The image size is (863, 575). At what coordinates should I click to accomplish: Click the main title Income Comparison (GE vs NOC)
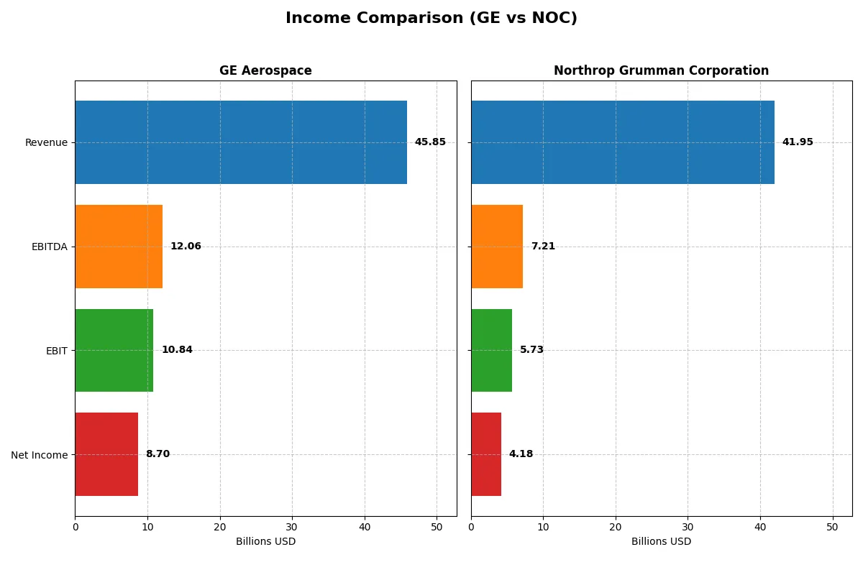click(x=431, y=19)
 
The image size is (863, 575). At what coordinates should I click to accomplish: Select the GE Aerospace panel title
click(x=265, y=71)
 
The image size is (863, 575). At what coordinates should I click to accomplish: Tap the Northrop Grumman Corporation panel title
click(x=661, y=71)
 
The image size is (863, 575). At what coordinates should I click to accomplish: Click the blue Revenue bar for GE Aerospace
click(x=241, y=142)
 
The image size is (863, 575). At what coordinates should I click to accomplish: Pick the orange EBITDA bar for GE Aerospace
click(x=119, y=247)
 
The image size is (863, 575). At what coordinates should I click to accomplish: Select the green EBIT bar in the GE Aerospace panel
click(x=114, y=350)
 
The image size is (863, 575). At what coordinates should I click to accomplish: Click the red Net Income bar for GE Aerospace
click(x=106, y=454)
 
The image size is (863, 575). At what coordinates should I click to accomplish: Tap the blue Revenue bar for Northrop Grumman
click(x=623, y=142)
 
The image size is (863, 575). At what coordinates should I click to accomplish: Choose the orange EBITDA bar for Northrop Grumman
click(x=497, y=247)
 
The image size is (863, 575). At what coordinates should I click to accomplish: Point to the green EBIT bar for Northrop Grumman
click(x=492, y=350)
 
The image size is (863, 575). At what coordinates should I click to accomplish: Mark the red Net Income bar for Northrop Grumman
click(x=486, y=454)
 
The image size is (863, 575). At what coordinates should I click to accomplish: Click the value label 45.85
click(x=430, y=142)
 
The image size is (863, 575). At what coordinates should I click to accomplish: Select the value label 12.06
click(x=186, y=247)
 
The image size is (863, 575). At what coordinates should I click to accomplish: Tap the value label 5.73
click(x=531, y=350)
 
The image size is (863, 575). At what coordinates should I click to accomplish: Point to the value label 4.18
click(x=521, y=454)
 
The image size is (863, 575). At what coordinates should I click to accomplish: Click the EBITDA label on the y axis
click(x=49, y=247)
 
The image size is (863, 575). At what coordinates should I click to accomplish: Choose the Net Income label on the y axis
click(x=40, y=454)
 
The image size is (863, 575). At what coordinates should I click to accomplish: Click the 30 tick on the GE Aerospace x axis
click(x=292, y=527)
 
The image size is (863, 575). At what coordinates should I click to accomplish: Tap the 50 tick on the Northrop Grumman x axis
click(x=832, y=527)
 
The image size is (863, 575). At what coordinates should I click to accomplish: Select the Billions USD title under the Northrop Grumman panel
click(x=661, y=542)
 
